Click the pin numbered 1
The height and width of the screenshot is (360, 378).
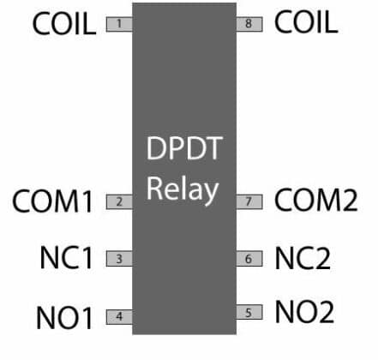[118, 24]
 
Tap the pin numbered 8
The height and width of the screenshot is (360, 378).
[249, 24]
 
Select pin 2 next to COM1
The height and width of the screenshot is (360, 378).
[118, 202]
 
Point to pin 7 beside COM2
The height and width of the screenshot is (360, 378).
[249, 202]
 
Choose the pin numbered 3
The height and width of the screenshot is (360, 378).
[118, 258]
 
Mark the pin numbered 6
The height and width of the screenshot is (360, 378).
[249, 258]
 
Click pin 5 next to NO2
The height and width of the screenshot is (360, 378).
[249, 313]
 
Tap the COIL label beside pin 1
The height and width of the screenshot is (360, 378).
[63, 24]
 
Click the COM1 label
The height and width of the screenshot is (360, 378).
[52, 202]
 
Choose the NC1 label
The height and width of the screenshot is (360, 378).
[66, 258]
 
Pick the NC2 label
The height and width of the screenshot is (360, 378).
[303, 257]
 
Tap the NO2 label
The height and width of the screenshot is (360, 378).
[303, 312]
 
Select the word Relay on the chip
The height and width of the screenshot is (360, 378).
[183, 189]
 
